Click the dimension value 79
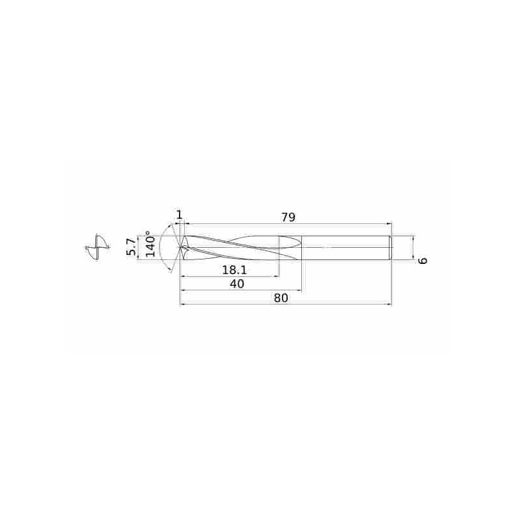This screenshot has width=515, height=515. coord(288,218)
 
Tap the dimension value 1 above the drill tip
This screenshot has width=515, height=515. coord(180,215)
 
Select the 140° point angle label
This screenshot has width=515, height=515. coord(150,243)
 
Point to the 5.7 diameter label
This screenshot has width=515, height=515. coord(131,247)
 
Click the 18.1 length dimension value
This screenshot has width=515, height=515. coord(234,270)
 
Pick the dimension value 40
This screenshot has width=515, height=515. coord(237,284)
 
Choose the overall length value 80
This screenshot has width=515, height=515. coord(281,298)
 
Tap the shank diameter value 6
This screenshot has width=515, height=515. coord(423,261)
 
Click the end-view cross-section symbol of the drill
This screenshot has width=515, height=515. coord(97,247)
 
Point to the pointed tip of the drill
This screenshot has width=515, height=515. coord(180,247)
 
